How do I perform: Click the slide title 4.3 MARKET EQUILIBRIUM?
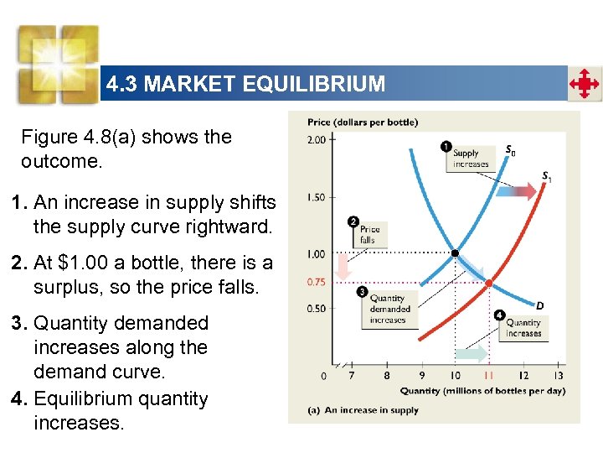[245, 84]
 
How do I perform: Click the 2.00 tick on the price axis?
[316, 139]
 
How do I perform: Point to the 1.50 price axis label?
[316, 197]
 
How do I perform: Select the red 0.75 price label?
[316, 282]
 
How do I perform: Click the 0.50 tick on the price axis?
[316, 309]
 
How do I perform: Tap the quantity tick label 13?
[558, 375]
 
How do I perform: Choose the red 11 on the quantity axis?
[489, 375]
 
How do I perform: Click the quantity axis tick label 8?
[386, 375]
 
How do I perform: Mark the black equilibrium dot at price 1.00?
[455, 253]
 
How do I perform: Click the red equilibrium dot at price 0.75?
[489, 282]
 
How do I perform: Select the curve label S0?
[510, 152]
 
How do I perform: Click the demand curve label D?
[539, 305]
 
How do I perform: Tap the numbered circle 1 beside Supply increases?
[446, 147]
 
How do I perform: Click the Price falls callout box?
[369, 234]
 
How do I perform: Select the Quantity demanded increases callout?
[388, 309]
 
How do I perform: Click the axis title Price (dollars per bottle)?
[363, 122]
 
